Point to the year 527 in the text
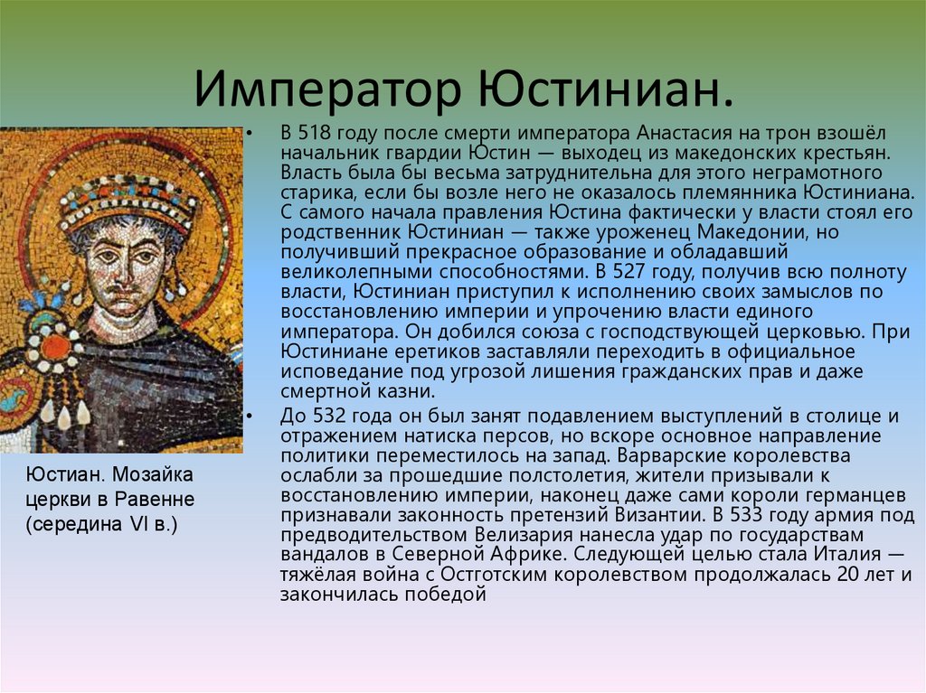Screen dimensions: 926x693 point(630,272)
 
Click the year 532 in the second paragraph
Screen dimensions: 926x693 point(329,417)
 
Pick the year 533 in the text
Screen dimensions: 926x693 point(747,515)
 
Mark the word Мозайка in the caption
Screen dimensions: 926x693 point(152,474)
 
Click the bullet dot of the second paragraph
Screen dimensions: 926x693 point(250,417)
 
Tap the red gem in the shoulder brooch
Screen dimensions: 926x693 point(55,347)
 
